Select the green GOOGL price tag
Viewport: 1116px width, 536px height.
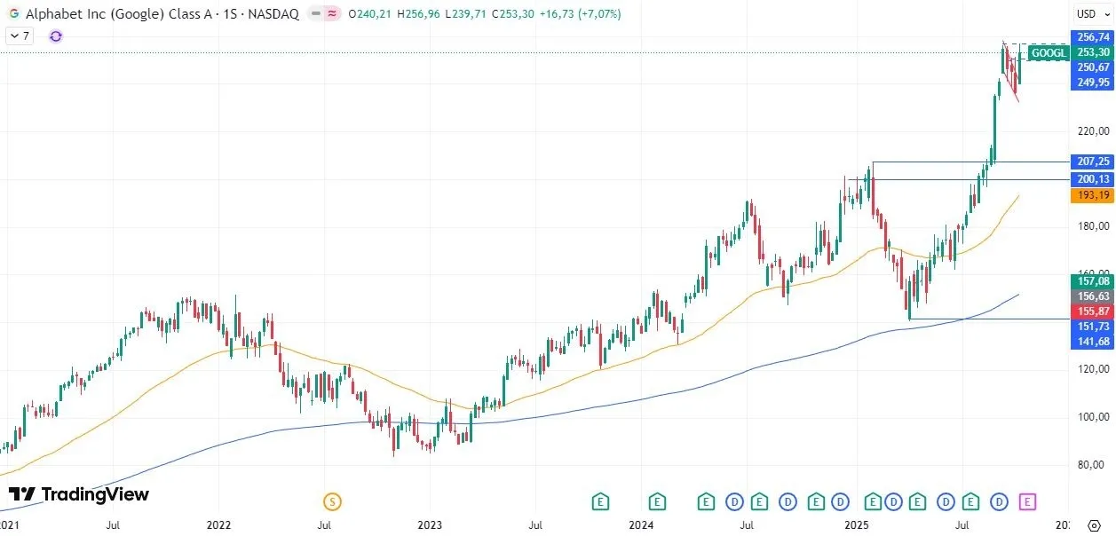[1049, 53]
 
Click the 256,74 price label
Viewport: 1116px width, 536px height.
[1092, 37]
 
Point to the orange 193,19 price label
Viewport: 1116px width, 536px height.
[1092, 195]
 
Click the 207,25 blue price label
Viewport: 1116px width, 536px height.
[1092, 162]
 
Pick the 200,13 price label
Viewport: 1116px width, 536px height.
[1092, 179]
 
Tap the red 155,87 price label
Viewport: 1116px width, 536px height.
[1092, 311]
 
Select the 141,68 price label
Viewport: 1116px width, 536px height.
[1092, 342]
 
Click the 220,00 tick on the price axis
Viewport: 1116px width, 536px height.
[1092, 130]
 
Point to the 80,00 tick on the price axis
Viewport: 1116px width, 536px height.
[1092, 464]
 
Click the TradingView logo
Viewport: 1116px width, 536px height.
[79, 494]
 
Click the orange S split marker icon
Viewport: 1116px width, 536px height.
[332, 502]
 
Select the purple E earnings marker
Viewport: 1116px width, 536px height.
[1027, 502]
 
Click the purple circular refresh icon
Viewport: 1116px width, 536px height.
[56, 35]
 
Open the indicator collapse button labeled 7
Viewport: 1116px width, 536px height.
[19, 35]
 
